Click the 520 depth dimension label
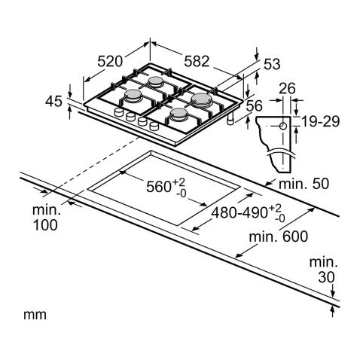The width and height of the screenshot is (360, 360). point(110,61)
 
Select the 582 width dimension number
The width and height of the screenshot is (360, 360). point(197,61)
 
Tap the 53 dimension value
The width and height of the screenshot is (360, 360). point(272,64)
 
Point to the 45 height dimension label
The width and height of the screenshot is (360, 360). point(53,102)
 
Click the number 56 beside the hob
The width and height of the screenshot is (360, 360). point(254,105)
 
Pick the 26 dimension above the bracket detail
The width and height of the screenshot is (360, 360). point(287,88)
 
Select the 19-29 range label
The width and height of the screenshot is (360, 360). point(320,121)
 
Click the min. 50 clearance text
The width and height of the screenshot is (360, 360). point(304,184)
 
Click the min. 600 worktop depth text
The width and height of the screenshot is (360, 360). point(279,236)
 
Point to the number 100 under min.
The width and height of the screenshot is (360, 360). point(45,225)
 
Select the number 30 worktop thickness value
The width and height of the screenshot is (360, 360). point(326,277)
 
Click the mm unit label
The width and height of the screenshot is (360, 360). point(35,315)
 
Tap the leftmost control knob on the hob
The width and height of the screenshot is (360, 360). point(118,111)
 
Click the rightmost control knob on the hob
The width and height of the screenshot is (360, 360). point(154,126)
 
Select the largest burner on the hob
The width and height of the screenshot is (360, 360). point(200,99)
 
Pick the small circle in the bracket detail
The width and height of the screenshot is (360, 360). point(283,126)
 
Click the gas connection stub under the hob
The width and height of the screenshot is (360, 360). point(230,120)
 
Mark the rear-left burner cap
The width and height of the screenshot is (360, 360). point(156,81)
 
